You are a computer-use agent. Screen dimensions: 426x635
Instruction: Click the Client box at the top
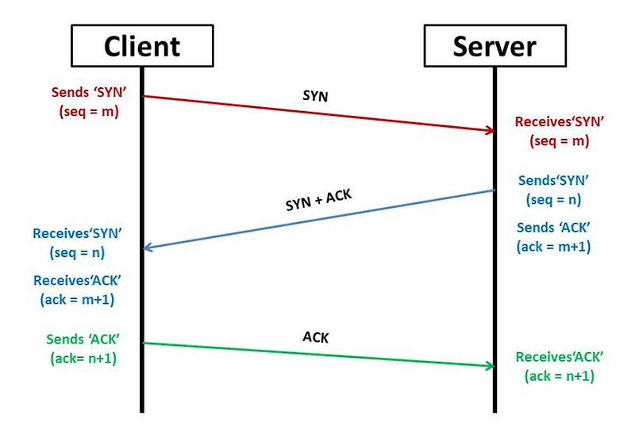click(x=142, y=46)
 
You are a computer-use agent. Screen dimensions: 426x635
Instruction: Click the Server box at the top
click(x=494, y=46)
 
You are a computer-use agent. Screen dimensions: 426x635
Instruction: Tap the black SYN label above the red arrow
click(x=315, y=96)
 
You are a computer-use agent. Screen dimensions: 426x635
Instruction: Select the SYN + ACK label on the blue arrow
click(x=321, y=198)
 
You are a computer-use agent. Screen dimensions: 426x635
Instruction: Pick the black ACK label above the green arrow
click(x=315, y=336)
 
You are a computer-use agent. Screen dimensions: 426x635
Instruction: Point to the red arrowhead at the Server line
click(x=487, y=130)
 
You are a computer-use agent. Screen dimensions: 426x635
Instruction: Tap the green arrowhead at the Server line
click(x=487, y=365)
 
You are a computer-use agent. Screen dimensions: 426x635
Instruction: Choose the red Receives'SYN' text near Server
click(x=560, y=122)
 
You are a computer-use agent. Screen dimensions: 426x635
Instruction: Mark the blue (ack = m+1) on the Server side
click(x=553, y=247)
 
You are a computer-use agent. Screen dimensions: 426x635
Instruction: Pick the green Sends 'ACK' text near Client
click(x=83, y=340)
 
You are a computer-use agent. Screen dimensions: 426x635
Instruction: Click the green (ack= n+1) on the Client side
click(x=83, y=358)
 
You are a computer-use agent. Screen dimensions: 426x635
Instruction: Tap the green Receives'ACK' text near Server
click(x=560, y=357)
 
